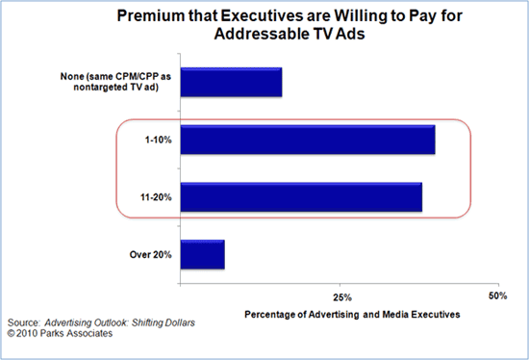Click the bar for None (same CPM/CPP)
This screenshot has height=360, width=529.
click(231, 83)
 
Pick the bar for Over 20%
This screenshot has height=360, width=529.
click(202, 254)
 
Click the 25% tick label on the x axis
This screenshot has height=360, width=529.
click(339, 296)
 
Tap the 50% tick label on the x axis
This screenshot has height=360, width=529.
click(497, 296)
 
